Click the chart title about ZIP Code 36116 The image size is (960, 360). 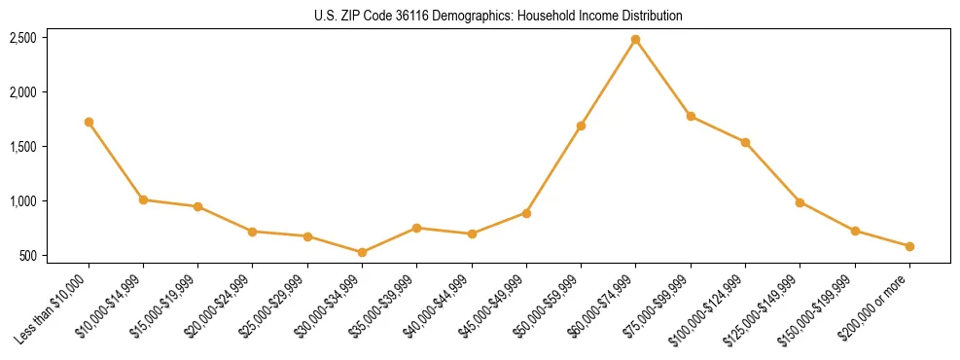pyautogui.click(x=498, y=16)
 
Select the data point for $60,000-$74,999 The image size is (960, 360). pyautogui.click(x=635, y=40)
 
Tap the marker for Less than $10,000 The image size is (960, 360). pyautogui.click(x=89, y=123)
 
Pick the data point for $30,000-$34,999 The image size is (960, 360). pyautogui.click(x=362, y=252)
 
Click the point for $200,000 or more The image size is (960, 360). pyautogui.click(x=909, y=246)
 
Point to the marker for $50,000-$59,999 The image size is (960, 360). pyautogui.click(x=581, y=126)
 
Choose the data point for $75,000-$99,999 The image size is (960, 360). pyautogui.click(x=691, y=116)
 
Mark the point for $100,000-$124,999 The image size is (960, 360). pyautogui.click(x=745, y=142)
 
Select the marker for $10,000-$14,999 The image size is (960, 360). pyautogui.click(x=143, y=199)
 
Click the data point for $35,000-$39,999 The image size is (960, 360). pyautogui.click(x=416, y=228)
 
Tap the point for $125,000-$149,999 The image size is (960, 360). pyautogui.click(x=800, y=202)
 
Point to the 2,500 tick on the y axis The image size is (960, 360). pyautogui.click(x=23, y=38)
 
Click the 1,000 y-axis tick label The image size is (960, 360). pyautogui.click(x=23, y=201)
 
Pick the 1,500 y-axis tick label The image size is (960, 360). pyautogui.click(x=23, y=147)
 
